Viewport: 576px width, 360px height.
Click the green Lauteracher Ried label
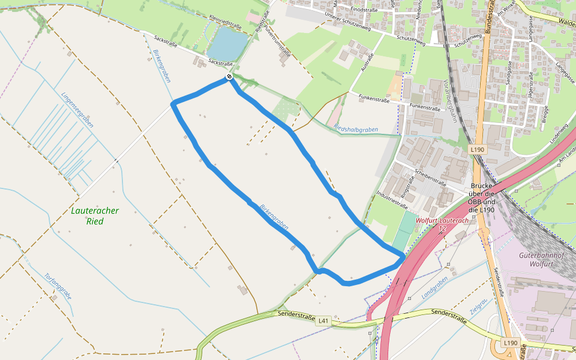pyautogui.click(x=95, y=216)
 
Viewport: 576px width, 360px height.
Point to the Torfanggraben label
pyautogui.click(x=58, y=286)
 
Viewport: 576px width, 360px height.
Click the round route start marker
pyautogui.click(x=229, y=77)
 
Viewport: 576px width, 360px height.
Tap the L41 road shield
pyautogui.click(x=324, y=321)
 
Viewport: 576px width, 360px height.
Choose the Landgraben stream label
pyautogui.click(x=435, y=288)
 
